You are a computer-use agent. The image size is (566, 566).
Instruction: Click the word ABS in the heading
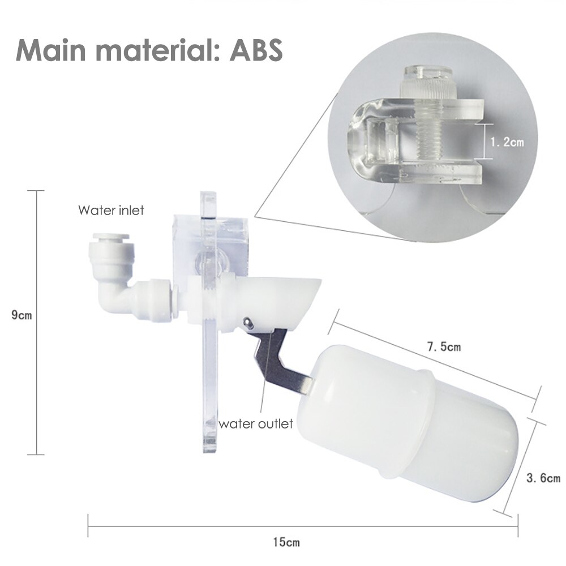point(256,50)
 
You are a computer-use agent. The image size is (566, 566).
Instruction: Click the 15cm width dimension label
point(286,542)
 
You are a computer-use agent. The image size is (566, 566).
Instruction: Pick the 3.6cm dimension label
point(543,478)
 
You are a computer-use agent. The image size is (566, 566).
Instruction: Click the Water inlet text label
point(111,211)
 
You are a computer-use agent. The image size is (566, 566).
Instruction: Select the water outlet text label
point(256,423)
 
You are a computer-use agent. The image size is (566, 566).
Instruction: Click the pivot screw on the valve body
point(247,322)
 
